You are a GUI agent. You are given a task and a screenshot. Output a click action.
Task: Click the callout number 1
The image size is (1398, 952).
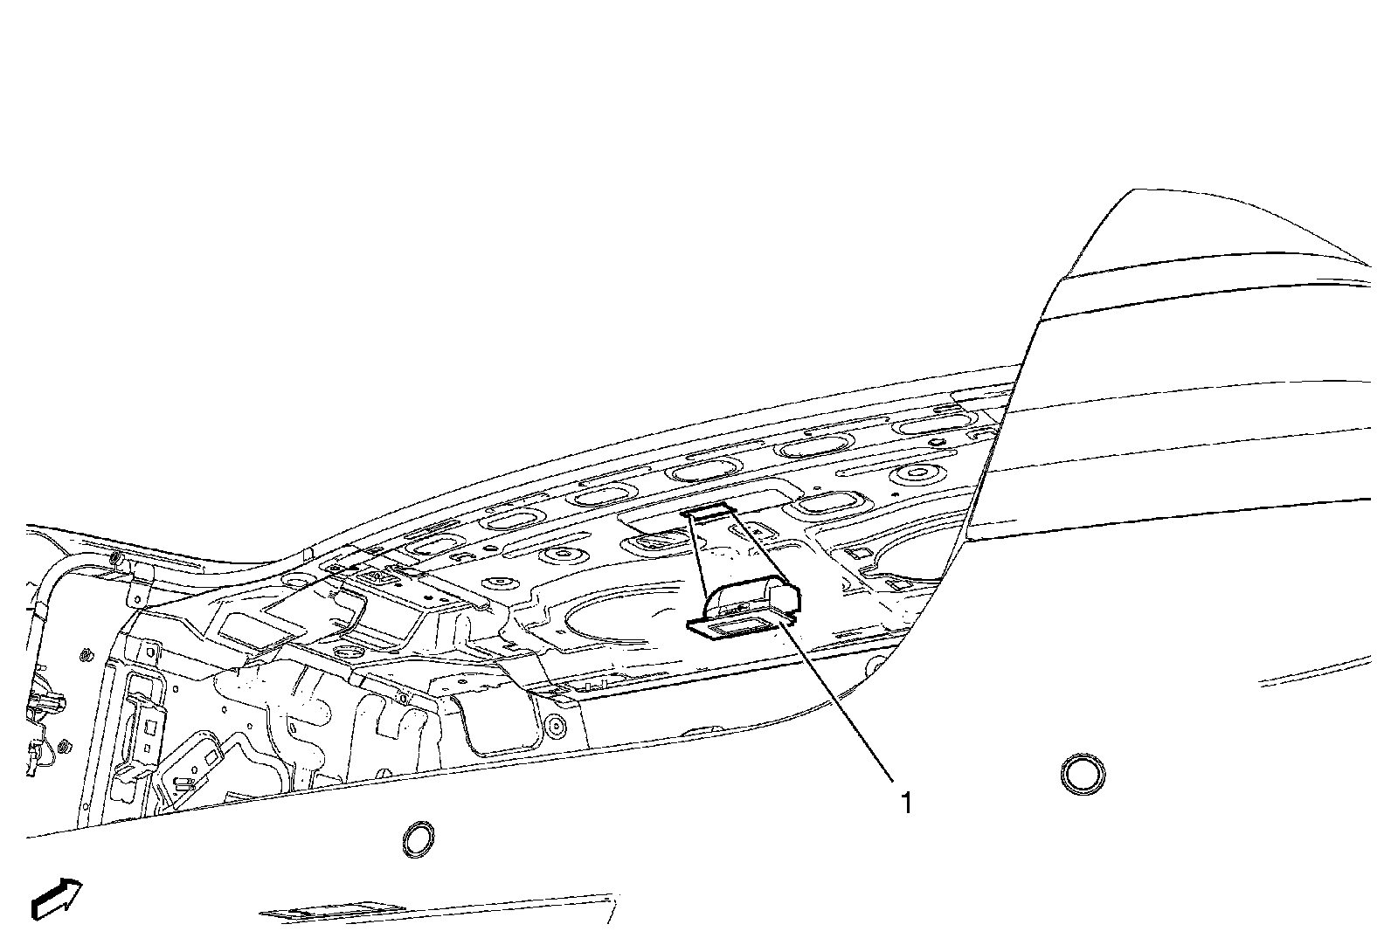[906, 802]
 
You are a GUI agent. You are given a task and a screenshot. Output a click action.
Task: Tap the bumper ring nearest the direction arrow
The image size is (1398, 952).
[419, 838]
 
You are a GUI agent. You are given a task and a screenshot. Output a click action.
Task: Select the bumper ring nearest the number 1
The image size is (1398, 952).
[1082, 775]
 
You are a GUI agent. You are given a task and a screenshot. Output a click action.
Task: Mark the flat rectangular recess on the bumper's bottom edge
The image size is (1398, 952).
[323, 913]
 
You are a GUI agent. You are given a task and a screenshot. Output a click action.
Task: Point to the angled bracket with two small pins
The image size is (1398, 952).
[188, 769]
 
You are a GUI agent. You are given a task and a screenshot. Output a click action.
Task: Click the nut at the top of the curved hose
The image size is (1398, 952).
[114, 559]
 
